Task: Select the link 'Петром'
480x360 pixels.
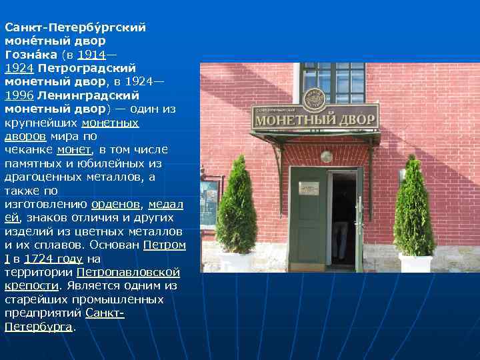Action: pyautogui.click(x=165, y=245)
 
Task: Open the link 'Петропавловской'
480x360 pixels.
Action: pyautogui.click(x=129, y=272)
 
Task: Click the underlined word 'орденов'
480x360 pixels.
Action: pyautogui.click(x=115, y=204)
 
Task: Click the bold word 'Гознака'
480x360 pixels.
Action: pyautogui.click(x=31, y=55)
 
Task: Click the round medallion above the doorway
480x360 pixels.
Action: pyautogui.click(x=326, y=157)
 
